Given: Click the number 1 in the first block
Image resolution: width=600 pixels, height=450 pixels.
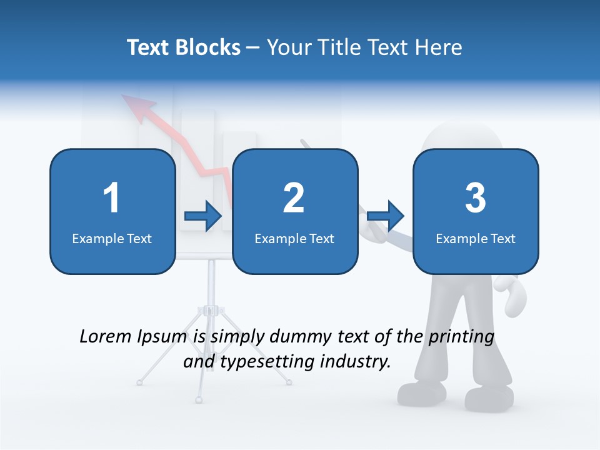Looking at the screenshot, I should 112,198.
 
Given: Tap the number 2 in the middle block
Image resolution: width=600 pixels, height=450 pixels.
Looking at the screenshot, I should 294,198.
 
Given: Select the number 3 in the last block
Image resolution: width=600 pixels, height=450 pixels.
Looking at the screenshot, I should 476,198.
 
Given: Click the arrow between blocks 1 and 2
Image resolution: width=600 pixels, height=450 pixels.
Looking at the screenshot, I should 203,217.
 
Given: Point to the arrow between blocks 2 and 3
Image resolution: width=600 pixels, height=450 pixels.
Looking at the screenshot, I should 386,217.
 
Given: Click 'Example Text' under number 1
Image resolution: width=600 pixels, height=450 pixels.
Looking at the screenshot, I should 112,239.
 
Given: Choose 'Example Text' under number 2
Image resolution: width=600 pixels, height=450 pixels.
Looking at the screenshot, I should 294,239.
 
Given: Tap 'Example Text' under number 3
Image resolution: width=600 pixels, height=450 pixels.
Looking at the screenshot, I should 476,239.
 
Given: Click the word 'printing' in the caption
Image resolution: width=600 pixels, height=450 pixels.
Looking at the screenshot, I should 461,337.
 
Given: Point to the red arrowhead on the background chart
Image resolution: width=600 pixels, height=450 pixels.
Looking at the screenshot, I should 134,104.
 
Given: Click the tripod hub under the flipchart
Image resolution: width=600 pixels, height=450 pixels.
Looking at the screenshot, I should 211,310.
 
